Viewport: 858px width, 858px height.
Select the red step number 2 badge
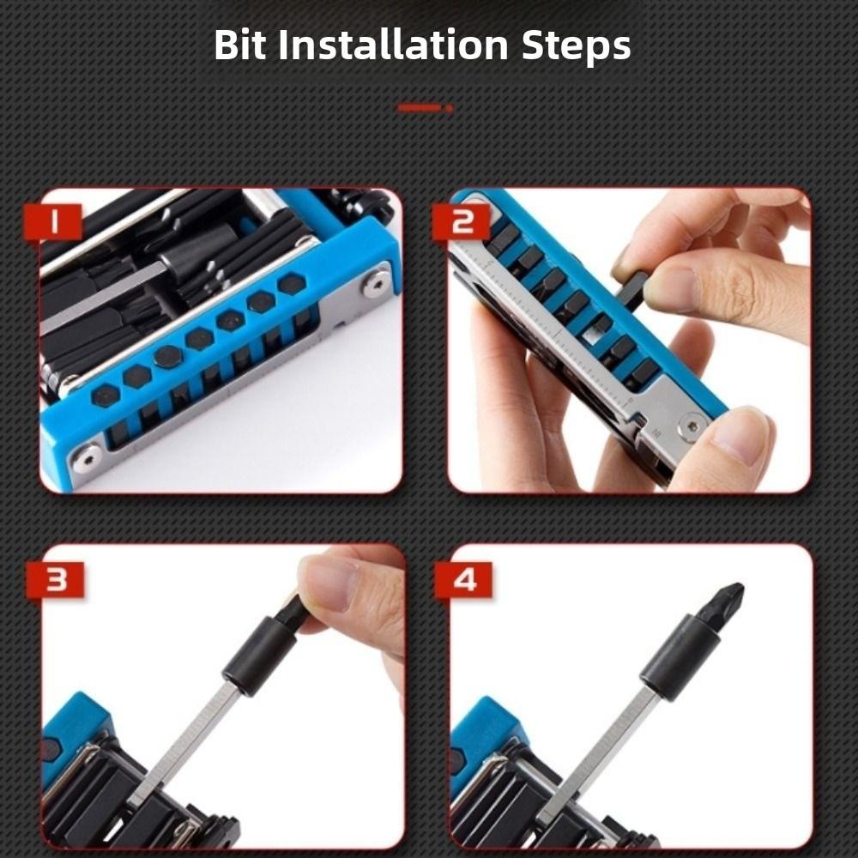[464, 222]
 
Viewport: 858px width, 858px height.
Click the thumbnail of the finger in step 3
[330, 582]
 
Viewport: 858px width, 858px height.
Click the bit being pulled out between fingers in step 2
[632, 289]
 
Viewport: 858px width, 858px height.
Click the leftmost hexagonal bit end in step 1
[106, 394]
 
